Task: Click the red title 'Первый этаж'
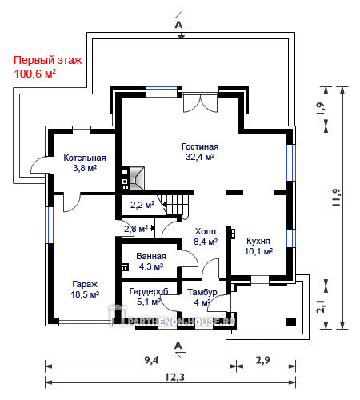tap(48, 60)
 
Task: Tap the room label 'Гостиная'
tap(200, 146)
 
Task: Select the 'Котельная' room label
tap(85, 158)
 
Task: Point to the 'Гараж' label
tap(85, 284)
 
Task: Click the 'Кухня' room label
tap(258, 241)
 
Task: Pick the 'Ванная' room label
tap(151, 256)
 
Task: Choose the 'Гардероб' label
tap(149, 291)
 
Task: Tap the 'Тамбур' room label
tap(202, 292)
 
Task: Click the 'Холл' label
tap(206, 231)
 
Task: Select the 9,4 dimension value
tap(151, 360)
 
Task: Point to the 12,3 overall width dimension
tap(175, 378)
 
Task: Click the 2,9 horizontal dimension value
tap(263, 360)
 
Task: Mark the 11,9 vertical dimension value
tap(336, 198)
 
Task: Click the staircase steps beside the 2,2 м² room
tap(175, 205)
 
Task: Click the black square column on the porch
tap(291, 322)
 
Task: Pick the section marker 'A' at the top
tap(178, 25)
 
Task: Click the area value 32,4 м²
tap(200, 157)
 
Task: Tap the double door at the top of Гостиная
tap(200, 102)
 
